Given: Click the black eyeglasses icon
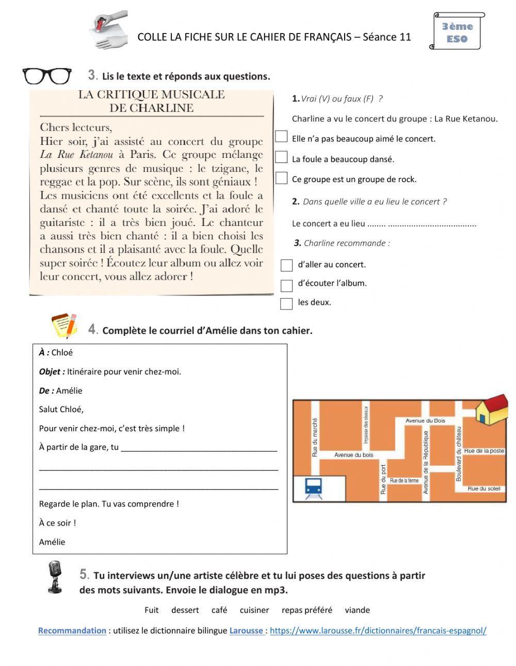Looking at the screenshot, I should pyautogui.click(x=47, y=76).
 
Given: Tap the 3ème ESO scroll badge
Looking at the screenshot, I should pyautogui.click(x=457, y=31).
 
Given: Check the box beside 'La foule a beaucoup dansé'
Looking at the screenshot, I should pyautogui.click(x=281, y=157).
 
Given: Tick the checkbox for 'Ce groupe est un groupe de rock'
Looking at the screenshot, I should pyautogui.click(x=281, y=178).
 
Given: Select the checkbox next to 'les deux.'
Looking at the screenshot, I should pyautogui.click(x=286, y=303).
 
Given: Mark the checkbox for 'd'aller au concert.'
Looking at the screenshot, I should pyautogui.click(x=286, y=265).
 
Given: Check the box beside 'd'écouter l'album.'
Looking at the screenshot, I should pyautogui.click(x=286, y=285).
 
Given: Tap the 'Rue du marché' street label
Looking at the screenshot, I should pyautogui.click(x=315, y=437).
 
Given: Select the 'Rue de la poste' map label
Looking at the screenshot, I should pyautogui.click(x=484, y=451).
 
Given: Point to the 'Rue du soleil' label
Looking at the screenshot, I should pyautogui.click(x=484, y=489).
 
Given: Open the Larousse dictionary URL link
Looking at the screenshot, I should pyautogui.click(x=378, y=630).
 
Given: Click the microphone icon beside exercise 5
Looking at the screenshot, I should pyautogui.click(x=54, y=577).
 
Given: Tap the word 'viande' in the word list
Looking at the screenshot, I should pyautogui.click(x=357, y=610).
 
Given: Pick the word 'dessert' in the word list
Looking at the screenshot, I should pyautogui.click(x=185, y=610).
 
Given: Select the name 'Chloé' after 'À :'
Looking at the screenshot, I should pyautogui.click(x=62, y=353).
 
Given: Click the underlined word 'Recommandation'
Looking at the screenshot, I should pyautogui.click(x=72, y=630).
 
